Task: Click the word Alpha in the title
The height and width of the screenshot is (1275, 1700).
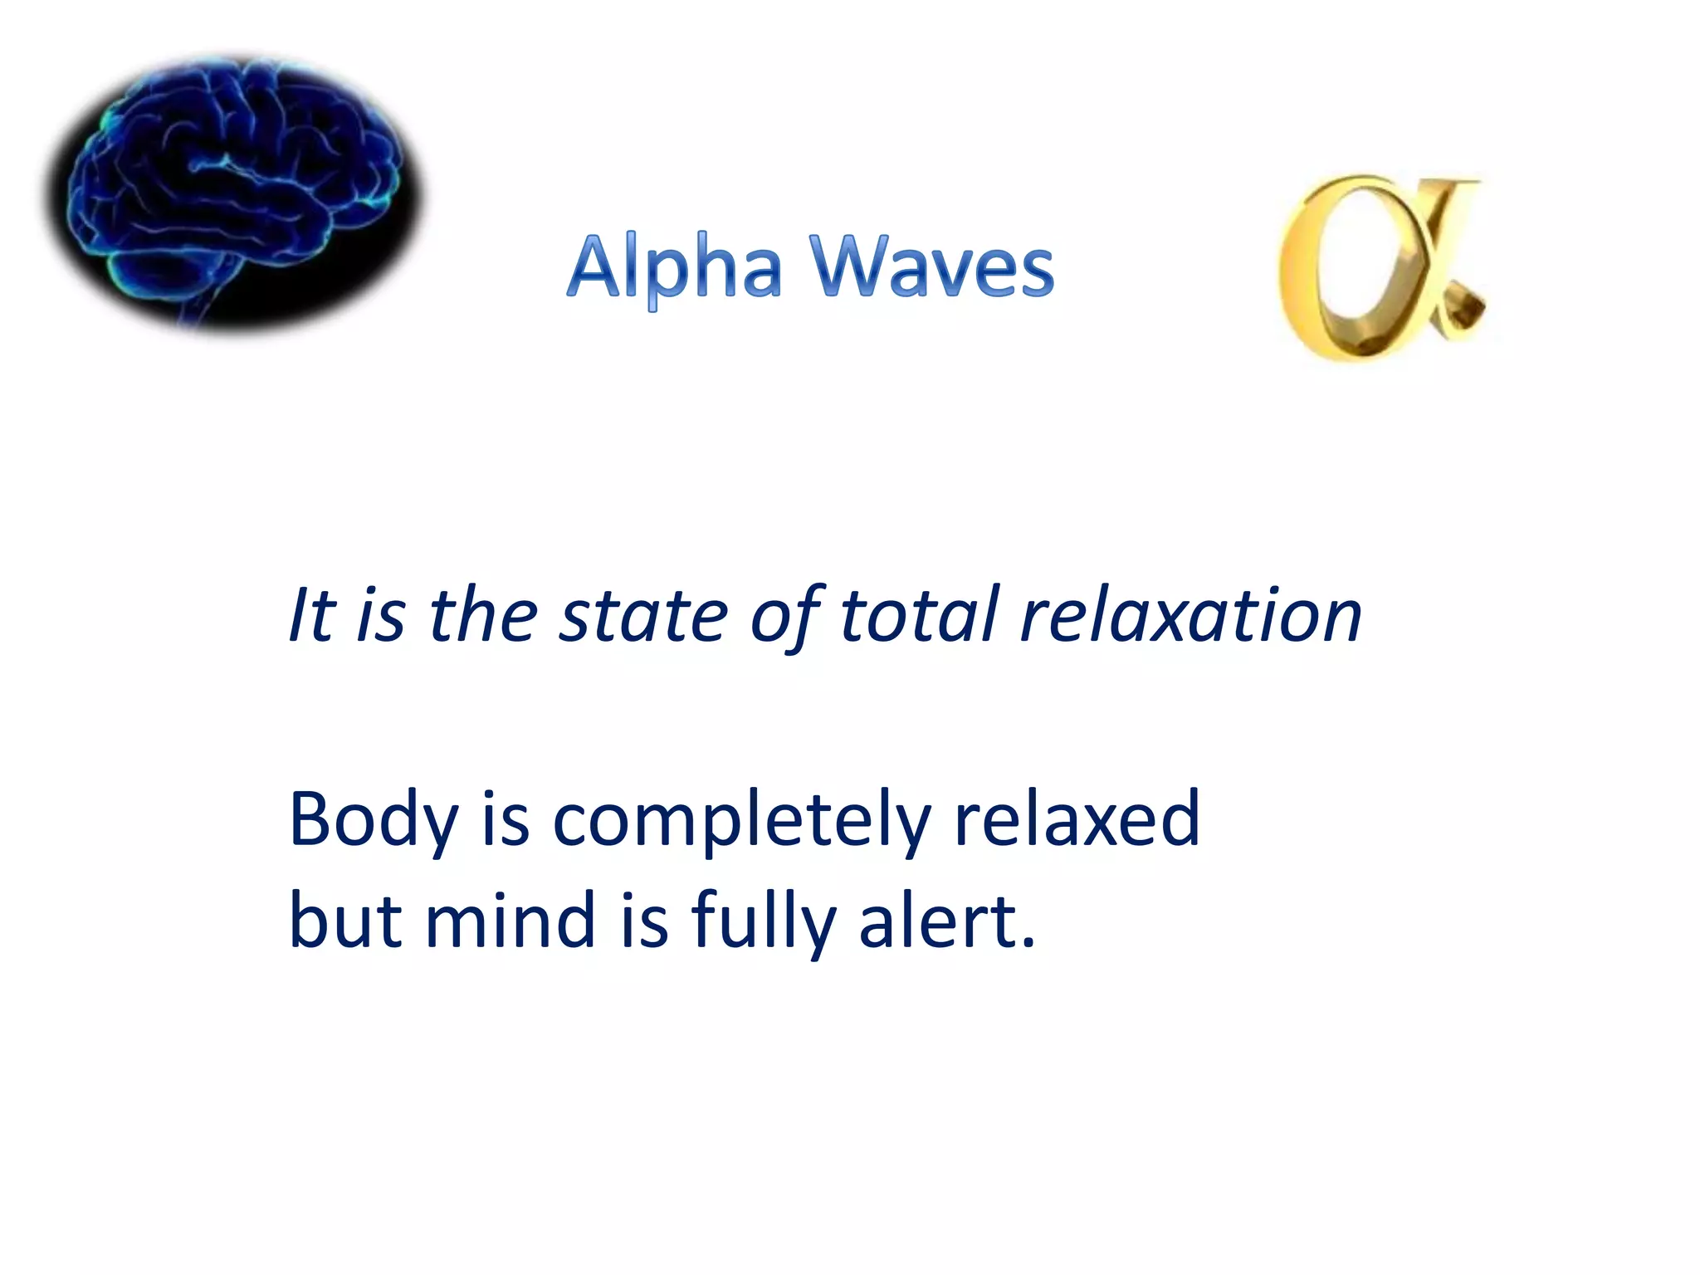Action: click(674, 267)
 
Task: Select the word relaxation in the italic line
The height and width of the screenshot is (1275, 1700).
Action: click(1190, 616)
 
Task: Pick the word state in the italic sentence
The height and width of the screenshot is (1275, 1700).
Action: click(643, 616)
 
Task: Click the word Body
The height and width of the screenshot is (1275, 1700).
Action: click(373, 820)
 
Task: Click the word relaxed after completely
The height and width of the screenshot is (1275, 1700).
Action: click(1077, 820)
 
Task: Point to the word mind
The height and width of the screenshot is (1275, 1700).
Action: click(510, 921)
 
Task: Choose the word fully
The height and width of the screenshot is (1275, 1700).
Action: click(764, 921)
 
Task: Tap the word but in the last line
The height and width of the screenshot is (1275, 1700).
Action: click(345, 921)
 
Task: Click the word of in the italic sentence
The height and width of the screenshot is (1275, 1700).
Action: click(785, 616)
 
